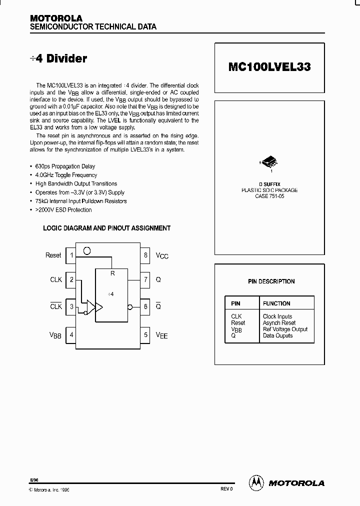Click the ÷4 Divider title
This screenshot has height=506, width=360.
[58, 58]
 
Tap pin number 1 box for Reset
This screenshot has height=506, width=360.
[71, 255]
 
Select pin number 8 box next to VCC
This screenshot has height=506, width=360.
[146, 255]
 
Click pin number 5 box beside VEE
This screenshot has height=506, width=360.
[146, 334]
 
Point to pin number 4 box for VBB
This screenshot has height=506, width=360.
[71, 334]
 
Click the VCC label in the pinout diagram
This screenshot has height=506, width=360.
[162, 255]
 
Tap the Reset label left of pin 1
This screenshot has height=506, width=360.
[53, 255]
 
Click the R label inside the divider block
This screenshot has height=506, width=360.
[112, 273]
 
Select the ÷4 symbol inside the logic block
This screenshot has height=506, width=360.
[111, 294]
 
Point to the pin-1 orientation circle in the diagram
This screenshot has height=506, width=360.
[86, 251]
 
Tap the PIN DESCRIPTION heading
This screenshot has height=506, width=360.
[271, 281]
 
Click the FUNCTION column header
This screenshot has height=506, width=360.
[276, 303]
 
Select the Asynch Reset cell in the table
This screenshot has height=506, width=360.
[279, 323]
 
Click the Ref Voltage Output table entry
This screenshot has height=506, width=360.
[285, 329]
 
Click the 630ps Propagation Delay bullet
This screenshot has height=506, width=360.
[65, 166]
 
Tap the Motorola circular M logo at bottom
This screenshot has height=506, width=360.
[256, 482]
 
